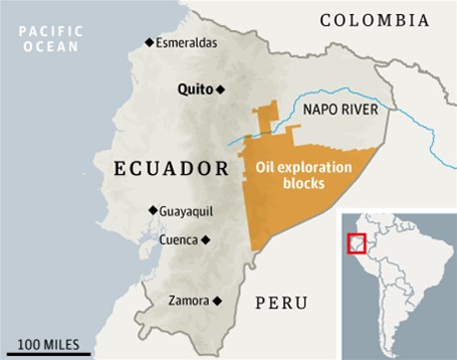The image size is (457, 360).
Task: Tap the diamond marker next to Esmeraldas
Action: click(x=149, y=42)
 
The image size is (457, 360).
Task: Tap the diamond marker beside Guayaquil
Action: click(x=153, y=210)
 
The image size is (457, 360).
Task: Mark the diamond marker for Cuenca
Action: click(x=206, y=240)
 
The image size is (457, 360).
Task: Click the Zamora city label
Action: click(x=188, y=299)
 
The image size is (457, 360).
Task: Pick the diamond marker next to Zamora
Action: click(x=216, y=299)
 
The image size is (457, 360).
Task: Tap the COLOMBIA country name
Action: click(x=374, y=20)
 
